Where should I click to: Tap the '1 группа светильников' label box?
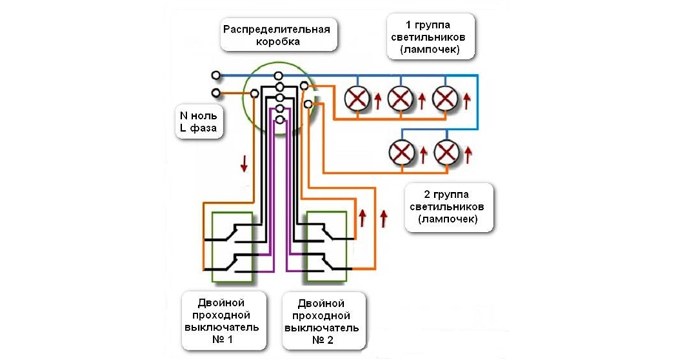428,35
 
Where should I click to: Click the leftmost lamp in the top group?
357,98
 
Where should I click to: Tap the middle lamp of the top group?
401,98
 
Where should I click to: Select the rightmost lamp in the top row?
445,98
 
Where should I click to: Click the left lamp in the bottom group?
402,152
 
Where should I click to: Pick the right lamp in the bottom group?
445,152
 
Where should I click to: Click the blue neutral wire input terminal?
215,75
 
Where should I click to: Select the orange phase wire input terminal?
215,93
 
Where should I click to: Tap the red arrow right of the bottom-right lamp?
468,154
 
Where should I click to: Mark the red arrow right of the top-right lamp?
467,98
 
